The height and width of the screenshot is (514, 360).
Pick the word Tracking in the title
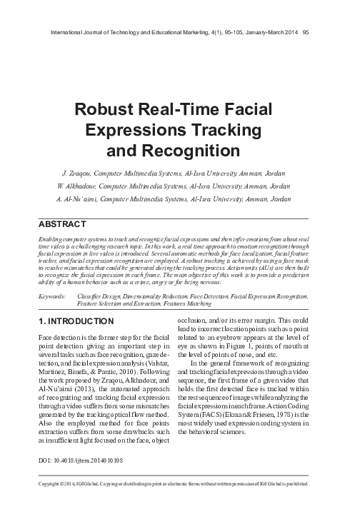click(219, 130)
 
